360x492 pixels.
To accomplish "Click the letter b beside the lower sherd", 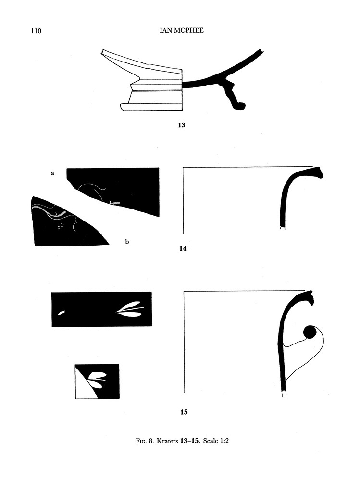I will click(x=127, y=242).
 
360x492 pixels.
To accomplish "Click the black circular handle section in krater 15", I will click(x=309, y=332).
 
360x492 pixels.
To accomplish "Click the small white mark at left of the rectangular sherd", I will click(x=62, y=313).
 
